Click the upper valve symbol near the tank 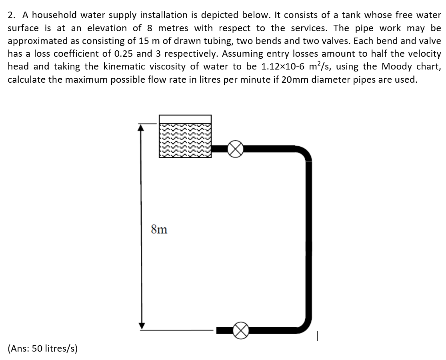(235, 149)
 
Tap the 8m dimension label (159, 230)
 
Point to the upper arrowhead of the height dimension (141, 127)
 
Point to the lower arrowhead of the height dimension (141, 326)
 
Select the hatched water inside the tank (185, 140)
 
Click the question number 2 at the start (12, 15)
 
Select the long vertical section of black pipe (308, 240)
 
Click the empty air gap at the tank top (185, 119)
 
